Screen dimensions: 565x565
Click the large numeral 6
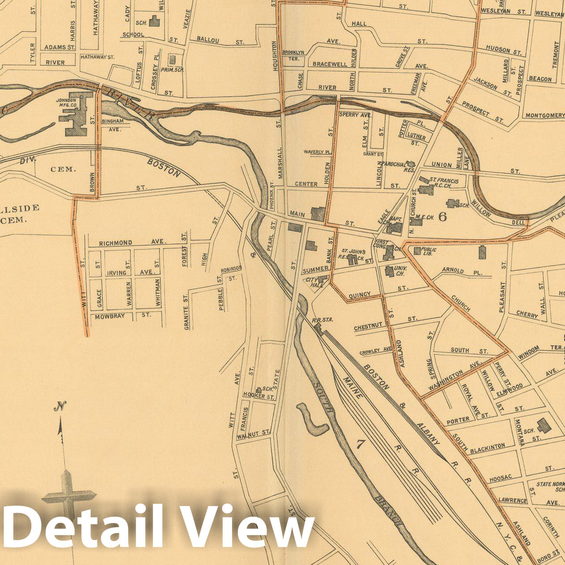(x=443, y=217)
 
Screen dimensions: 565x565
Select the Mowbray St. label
(x=121, y=315)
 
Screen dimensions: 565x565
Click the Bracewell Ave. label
(x=346, y=64)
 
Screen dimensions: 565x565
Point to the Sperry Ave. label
(x=355, y=115)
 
